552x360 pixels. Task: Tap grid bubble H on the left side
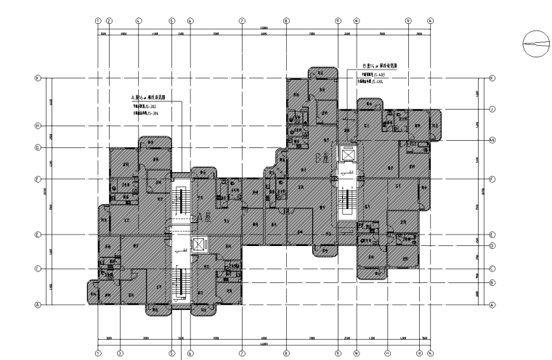37,126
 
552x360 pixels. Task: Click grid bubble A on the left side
37,305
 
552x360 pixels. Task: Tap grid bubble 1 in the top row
98,21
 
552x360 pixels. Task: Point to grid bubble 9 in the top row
338,21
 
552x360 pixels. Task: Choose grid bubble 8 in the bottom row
286,354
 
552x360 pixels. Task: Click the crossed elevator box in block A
198,245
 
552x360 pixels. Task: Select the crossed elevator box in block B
349,156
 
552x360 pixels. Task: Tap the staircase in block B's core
349,200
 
